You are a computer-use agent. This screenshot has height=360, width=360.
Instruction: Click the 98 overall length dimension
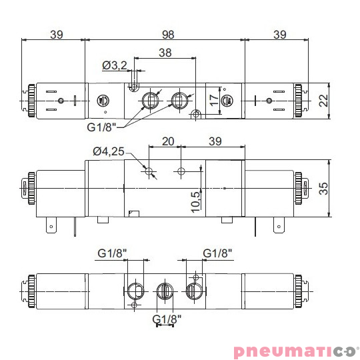click(x=166, y=34)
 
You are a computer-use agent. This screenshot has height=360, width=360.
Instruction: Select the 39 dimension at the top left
click(x=56, y=34)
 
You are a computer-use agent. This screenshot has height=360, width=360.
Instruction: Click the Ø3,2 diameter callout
click(x=115, y=65)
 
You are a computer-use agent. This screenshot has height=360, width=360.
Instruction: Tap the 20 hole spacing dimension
click(x=167, y=141)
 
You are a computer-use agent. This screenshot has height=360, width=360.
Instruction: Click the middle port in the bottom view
click(x=164, y=291)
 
